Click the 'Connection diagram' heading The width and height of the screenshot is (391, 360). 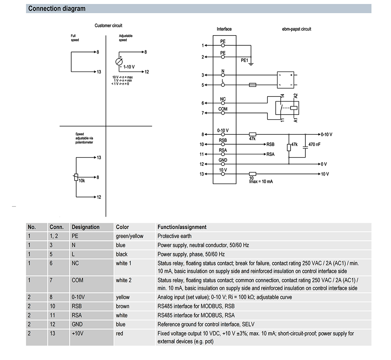(x=57, y=9)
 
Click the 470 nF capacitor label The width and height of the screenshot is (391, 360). (x=314, y=144)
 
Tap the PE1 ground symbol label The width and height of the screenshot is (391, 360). (x=244, y=60)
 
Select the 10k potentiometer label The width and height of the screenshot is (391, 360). (x=82, y=181)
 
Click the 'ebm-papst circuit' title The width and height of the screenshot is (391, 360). (x=296, y=29)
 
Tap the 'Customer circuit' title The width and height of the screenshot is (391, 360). (x=108, y=26)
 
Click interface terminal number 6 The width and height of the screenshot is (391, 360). (x=203, y=103)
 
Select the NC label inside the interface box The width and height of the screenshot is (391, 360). (x=223, y=99)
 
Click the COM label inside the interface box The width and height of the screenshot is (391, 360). (x=223, y=109)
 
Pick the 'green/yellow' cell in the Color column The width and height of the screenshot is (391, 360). (x=129, y=236)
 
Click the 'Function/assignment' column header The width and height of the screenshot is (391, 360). (x=182, y=227)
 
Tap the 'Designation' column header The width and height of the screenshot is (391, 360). (x=85, y=227)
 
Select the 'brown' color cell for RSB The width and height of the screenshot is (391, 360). (x=122, y=306)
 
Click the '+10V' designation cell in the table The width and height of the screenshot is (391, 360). (x=78, y=333)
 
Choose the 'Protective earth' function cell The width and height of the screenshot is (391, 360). (x=174, y=236)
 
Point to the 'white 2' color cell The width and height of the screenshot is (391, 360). (x=124, y=280)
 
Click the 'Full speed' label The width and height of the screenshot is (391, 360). (x=75, y=38)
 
